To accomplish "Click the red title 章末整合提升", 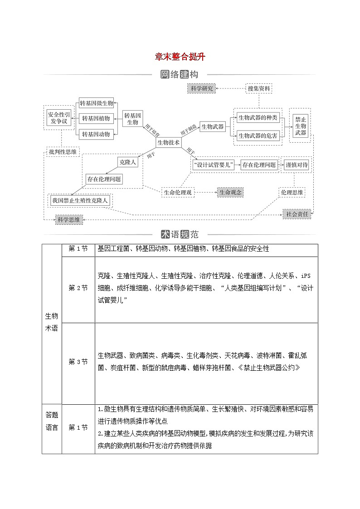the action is click(x=180, y=57).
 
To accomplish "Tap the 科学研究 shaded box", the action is click(x=202, y=89).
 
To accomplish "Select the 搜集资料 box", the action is click(x=259, y=89).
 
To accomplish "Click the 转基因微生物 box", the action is click(x=96, y=103).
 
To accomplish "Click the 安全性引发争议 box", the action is click(x=60, y=118).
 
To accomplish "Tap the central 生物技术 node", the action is click(x=168, y=142).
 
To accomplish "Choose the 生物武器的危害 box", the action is click(x=258, y=135).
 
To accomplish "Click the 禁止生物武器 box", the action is click(x=301, y=126).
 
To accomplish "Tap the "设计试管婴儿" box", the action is click(x=213, y=165).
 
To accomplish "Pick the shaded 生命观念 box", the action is click(x=230, y=193).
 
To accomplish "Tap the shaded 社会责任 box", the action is click(x=297, y=214).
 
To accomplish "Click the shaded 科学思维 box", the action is click(x=68, y=220).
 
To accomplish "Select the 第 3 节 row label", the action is click(x=78, y=362).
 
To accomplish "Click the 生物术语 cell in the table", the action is click(x=51, y=322).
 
